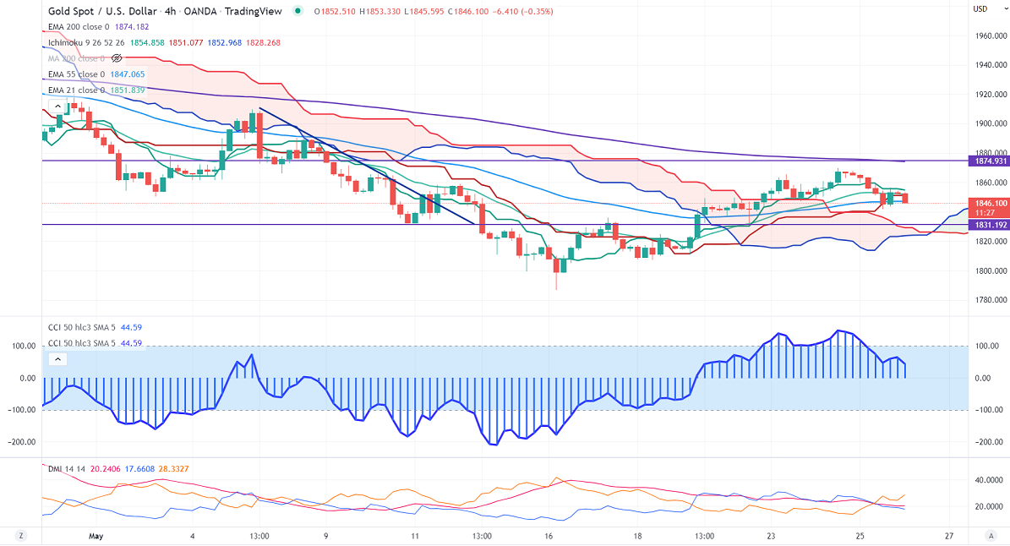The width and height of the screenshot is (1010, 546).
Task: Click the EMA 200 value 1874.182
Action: pyautogui.click(x=131, y=27)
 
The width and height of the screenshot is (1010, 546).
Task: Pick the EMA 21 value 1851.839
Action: pyautogui.click(x=128, y=90)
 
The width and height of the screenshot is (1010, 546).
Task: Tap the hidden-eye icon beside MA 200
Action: pyautogui.click(x=117, y=58)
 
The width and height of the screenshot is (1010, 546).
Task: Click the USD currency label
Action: pyautogui.click(x=980, y=9)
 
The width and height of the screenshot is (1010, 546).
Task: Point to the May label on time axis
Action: pyautogui.click(x=96, y=536)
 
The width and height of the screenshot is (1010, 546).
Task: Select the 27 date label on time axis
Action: pyautogui.click(x=950, y=536)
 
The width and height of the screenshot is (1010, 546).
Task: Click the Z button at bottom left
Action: pyautogui.click(x=20, y=536)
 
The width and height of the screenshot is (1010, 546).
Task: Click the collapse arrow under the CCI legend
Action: pyautogui.click(x=57, y=359)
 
